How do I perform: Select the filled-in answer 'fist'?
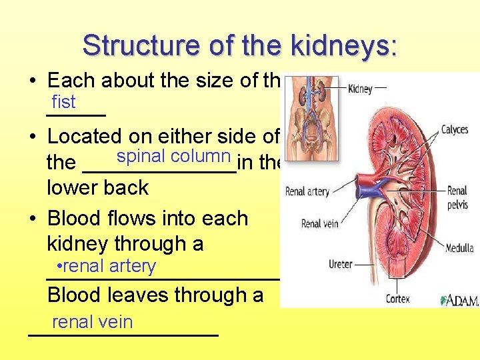[64, 102]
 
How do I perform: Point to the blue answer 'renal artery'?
[107, 266]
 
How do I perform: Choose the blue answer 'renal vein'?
[92, 322]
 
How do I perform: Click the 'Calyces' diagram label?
[454, 129]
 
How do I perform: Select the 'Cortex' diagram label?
[398, 299]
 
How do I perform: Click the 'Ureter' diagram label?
[341, 265]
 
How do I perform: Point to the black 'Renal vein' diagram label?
[321, 224]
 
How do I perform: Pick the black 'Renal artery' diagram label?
[307, 192]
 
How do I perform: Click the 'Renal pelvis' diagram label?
[457, 197]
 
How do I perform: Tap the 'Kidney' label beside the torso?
[360, 89]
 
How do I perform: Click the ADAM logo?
[459, 300]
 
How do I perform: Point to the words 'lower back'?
[97, 187]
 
